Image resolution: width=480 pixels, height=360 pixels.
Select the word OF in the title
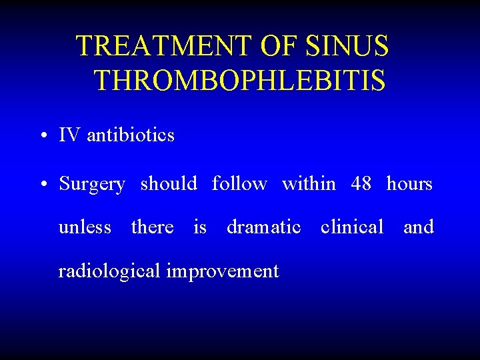282,47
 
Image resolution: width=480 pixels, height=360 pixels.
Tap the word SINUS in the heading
347,47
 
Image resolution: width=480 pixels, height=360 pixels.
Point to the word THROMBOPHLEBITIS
239,81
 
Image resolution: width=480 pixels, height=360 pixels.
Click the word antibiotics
131,135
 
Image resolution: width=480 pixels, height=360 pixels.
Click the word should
169,183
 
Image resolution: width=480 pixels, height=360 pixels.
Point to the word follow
239,183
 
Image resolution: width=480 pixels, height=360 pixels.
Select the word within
309,183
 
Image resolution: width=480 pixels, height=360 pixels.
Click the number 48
361,183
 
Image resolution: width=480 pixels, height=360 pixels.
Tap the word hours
409,183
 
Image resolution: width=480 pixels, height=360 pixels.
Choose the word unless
85,227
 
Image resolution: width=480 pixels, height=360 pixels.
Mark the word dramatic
263,227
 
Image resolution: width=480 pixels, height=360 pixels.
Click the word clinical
352,227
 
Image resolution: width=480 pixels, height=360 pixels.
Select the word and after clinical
419,227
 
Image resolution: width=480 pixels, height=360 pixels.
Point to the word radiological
109,271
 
